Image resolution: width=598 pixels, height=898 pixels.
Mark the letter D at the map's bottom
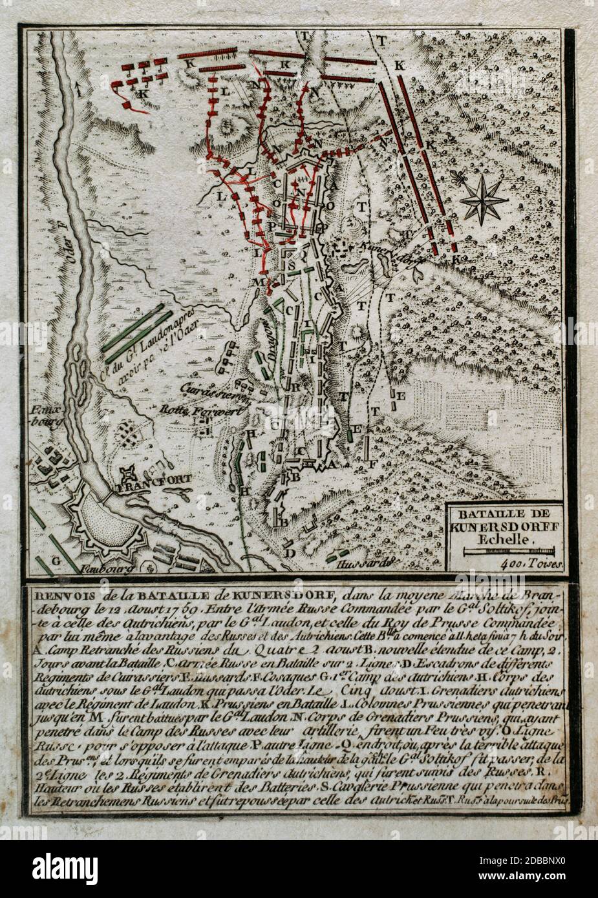coord(291,552)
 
